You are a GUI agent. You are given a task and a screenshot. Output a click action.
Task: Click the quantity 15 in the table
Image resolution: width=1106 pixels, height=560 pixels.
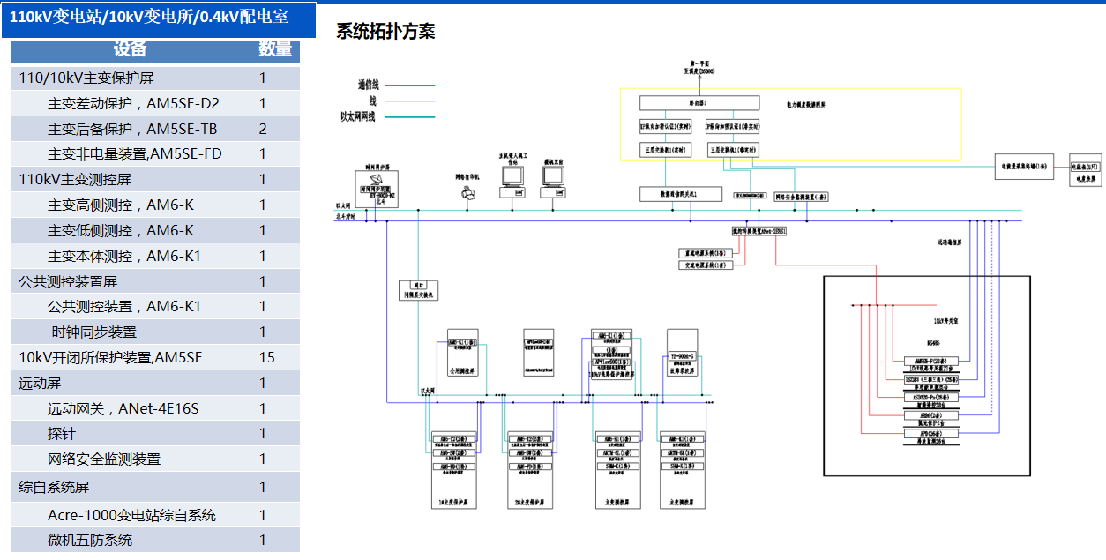coord(267,358)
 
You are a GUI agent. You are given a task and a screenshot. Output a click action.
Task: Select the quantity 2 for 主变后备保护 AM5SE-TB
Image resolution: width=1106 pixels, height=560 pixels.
coord(263,129)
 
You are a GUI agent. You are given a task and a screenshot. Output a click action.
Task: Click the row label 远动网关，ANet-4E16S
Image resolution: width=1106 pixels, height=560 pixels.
coord(123,408)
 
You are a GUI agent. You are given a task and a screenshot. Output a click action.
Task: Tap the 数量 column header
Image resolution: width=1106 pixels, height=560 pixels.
coord(275,50)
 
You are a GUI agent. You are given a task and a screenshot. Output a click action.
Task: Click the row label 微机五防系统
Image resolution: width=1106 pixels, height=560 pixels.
coord(90,540)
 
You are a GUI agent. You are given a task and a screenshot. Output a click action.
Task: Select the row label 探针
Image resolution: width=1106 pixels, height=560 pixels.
coord(62,434)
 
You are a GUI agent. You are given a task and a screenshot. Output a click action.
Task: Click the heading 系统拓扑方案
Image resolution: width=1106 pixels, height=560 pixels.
coord(385,32)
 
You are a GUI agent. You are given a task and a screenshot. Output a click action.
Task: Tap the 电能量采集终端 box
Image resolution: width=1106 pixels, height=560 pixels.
coord(1024,166)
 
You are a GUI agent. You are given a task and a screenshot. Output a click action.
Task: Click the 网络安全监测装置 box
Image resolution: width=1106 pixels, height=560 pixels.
coord(801,197)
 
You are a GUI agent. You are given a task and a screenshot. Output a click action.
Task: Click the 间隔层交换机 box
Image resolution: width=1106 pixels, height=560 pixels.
coord(418,291)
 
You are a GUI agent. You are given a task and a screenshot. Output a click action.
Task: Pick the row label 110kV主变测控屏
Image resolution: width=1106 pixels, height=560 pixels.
coord(75,180)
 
